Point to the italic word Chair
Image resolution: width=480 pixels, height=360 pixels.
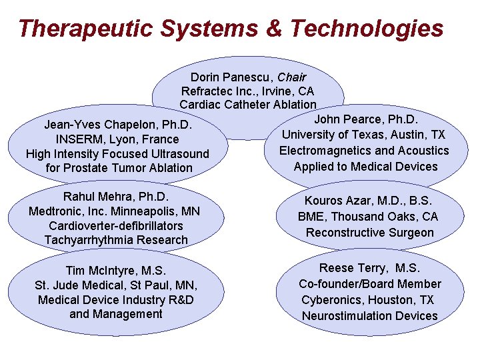292,78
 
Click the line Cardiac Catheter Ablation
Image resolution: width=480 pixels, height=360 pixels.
248,105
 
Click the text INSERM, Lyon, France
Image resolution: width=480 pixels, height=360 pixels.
117,139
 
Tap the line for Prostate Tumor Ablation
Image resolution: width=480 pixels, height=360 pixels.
119,168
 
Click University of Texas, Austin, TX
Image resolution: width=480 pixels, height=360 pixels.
364,135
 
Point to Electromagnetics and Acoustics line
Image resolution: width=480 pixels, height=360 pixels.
364,151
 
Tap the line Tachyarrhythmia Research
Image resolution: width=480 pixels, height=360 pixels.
116,240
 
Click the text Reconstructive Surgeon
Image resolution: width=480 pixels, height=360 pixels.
369,233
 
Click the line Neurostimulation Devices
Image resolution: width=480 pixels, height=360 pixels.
369,316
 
